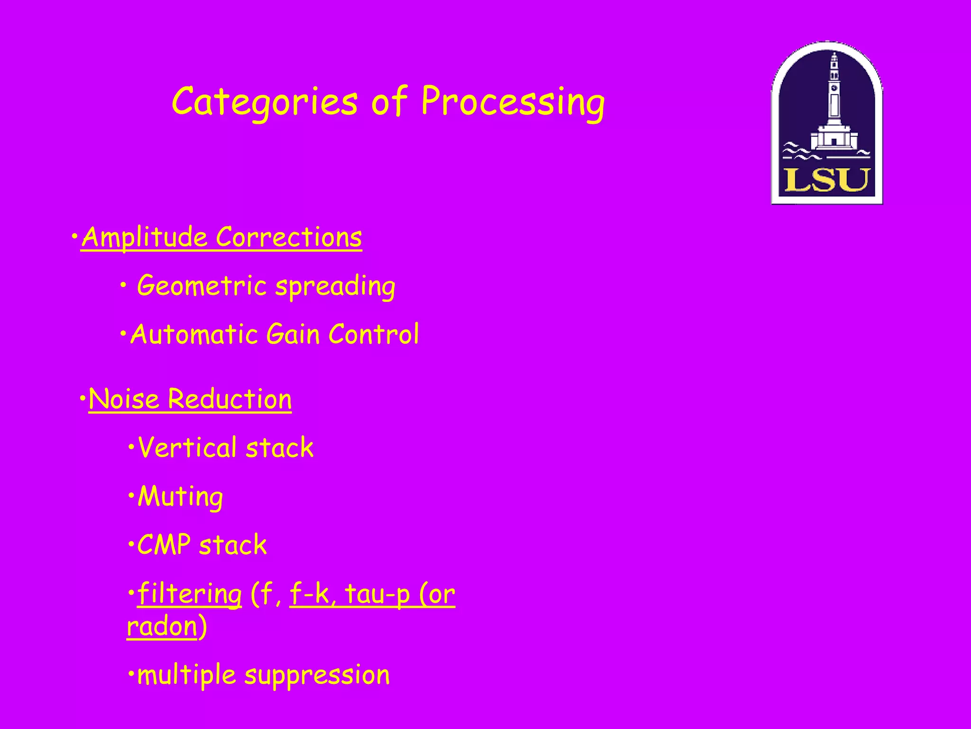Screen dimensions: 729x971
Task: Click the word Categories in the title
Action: [264, 102]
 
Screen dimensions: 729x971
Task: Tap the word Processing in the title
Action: [513, 102]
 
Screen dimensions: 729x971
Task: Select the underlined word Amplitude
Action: [145, 237]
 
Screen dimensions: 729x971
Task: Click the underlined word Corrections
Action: [289, 237]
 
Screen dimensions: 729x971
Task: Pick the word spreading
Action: [335, 287]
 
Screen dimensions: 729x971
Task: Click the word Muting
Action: [180, 497]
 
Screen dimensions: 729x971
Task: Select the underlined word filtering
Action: [189, 594]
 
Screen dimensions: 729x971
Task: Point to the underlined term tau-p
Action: [377, 594]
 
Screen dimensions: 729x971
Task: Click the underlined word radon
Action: [162, 626]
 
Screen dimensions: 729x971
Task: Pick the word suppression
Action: [317, 675]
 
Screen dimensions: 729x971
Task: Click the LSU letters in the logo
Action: [826, 180]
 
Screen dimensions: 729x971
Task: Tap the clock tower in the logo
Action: [834, 90]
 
